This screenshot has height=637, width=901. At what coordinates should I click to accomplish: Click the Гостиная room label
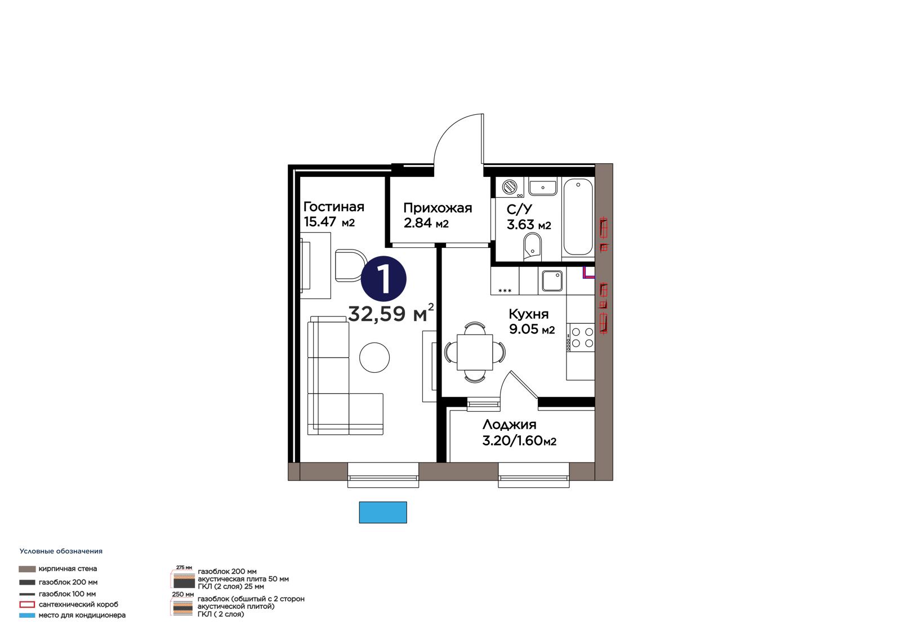pyautogui.click(x=333, y=207)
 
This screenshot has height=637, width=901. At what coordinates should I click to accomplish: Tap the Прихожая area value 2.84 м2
pyautogui.click(x=426, y=223)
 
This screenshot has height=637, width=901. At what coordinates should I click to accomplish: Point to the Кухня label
pyautogui.click(x=529, y=314)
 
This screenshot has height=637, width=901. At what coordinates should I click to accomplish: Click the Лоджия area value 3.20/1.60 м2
pyautogui.click(x=519, y=441)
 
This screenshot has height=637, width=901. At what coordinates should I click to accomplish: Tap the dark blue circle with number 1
pyautogui.click(x=383, y=279)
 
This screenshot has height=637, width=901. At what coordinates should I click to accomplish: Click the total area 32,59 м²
pyautogui.click(x=391, y=313)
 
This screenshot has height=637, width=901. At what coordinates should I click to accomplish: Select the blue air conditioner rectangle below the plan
pyautogui.click(x=383, y=513)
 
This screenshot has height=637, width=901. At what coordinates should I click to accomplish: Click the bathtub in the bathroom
pyautogui.click(x=578, y=217)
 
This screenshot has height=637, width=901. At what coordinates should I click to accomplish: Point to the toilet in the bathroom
pyautogui.click(x=533, y=247)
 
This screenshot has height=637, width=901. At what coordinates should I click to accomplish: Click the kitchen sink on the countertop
pyautogui.click(x=552, y=280)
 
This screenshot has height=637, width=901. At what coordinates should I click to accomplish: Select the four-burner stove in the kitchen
pyautogui.click(x=581, y=337)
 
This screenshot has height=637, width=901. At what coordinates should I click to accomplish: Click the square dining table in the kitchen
pyautogui.click(x=475, y=352)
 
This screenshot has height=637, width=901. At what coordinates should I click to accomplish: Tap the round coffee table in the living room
pyautogui.click(x=374, y=357)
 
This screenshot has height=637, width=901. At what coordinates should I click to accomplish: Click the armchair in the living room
pyautogui.click(x=350, y=265)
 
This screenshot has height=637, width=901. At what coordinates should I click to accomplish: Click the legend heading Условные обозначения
pyautogui.click(x=61, y=551)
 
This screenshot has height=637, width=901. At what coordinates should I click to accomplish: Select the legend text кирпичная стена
pyautogui.click(x=68, y=569)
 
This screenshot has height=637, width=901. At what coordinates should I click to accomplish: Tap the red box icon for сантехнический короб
pyautogui.click(x=27, y=604)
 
